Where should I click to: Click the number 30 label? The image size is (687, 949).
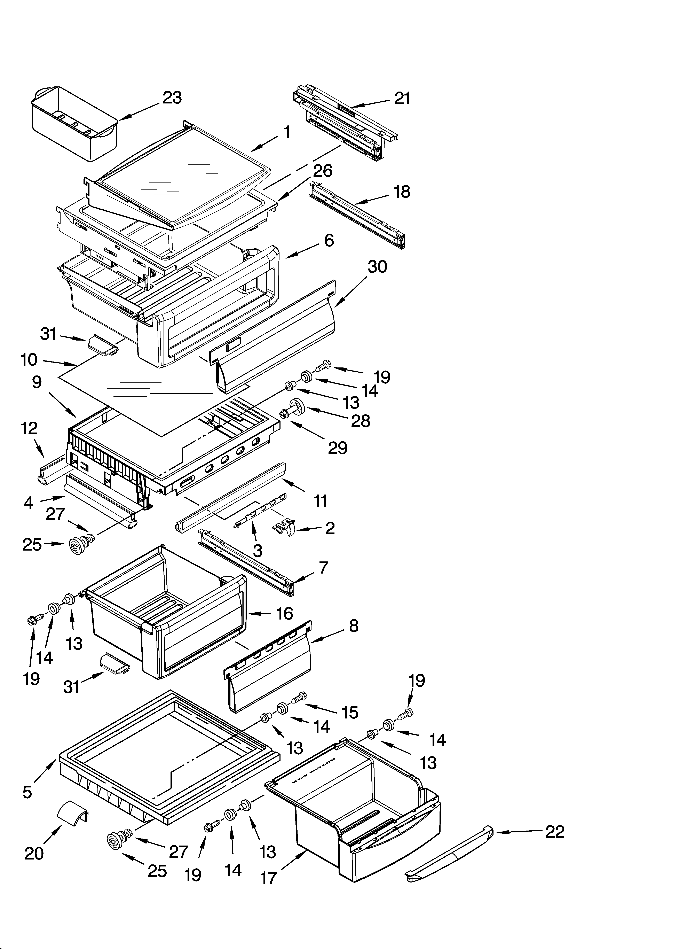[x=377, y=267]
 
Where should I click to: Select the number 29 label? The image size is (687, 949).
[x=338, y=448]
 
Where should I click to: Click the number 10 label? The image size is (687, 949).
[x=29, y=360]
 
